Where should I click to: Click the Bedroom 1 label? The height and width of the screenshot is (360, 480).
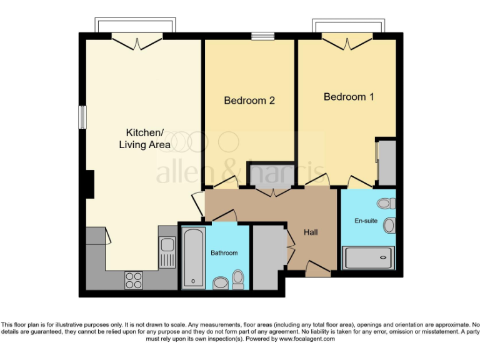tap(348, 97)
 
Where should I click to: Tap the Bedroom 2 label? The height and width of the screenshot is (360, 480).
tap(249, 100)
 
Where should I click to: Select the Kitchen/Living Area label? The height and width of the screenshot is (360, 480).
tap(145, 138)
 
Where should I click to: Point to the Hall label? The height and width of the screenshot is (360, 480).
tap(311, 232)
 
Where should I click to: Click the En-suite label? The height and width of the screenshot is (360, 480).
tap(366, 221)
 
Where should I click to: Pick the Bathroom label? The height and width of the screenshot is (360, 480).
tap(224, 252)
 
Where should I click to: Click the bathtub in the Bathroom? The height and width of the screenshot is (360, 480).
tap(192, 257)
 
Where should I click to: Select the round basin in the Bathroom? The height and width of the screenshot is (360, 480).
tap(221, 284)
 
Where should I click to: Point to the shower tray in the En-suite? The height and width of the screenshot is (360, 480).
tap(369, 258)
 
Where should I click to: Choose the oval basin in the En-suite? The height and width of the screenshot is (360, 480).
tap(389, 225)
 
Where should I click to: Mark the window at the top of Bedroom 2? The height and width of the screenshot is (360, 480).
tap(263, 36)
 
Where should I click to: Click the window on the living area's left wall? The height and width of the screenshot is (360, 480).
tap(81, 117)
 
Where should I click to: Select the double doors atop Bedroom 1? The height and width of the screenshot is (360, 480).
tap(347, 42)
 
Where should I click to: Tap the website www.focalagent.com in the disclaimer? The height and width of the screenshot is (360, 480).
tap(306, 339)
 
